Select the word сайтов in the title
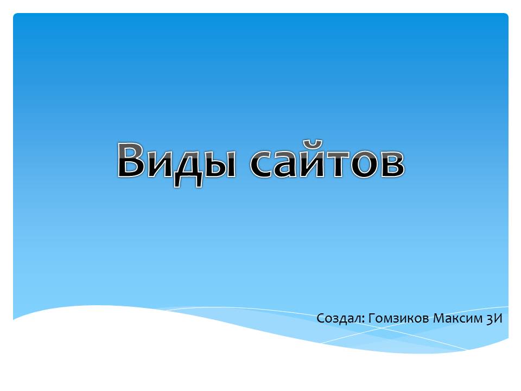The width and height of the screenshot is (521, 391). tap(327, 159)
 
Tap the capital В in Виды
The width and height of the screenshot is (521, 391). tap(131, 160)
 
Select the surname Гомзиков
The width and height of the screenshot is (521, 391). tap(399, 318)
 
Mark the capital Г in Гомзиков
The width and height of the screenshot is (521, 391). tap(372, 318)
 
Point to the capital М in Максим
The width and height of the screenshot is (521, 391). tap(439, 318)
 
